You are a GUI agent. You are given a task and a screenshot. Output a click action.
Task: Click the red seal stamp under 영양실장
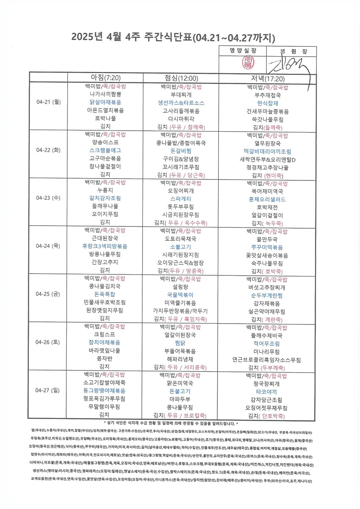tap(248, 62)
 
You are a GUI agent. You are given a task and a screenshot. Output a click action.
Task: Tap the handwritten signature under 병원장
tap(288, 67)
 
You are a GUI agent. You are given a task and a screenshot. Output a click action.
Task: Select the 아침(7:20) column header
tap(105, 77)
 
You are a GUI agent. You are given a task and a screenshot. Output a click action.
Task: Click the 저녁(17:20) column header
tap(267, 78)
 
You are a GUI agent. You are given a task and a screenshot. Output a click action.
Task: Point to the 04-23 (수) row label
tap(48, 198)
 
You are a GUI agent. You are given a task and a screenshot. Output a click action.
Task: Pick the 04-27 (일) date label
tap(48, 390)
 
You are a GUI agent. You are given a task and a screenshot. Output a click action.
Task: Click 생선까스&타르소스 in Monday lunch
tap(181, 103)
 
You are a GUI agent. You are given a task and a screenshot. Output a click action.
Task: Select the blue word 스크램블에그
tap(105, 150)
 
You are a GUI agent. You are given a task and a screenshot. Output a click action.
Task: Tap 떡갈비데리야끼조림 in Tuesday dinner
tap(267, 152)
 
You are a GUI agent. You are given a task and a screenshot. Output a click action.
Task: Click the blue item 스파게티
tap(181, 199)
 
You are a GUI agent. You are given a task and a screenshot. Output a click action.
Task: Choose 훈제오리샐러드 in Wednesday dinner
tap(267, 199)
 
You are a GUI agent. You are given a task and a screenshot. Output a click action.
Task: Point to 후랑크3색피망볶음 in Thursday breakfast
tap(105, 246)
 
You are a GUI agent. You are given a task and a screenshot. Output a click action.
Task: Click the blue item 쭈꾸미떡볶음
tap(267, 247)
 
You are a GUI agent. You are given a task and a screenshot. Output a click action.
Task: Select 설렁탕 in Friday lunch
tap(180, 287)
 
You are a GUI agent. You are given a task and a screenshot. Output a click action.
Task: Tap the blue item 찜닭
tap(180, 343)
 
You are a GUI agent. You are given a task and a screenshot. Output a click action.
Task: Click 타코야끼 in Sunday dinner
tap(266, 392)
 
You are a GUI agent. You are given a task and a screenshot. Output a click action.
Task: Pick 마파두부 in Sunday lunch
tap(180, 399)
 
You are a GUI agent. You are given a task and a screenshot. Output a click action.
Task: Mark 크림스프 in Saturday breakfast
tap(104, 334)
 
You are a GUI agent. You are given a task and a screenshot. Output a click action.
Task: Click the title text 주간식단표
tap(168, 38)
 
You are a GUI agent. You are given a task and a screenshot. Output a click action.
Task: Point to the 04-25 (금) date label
tap(48, 294)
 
